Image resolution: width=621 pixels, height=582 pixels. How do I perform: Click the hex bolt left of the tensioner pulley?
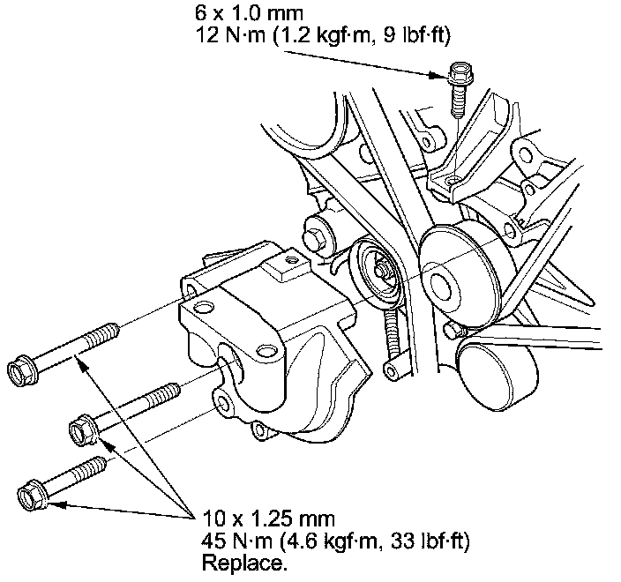(x=316, y=237)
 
